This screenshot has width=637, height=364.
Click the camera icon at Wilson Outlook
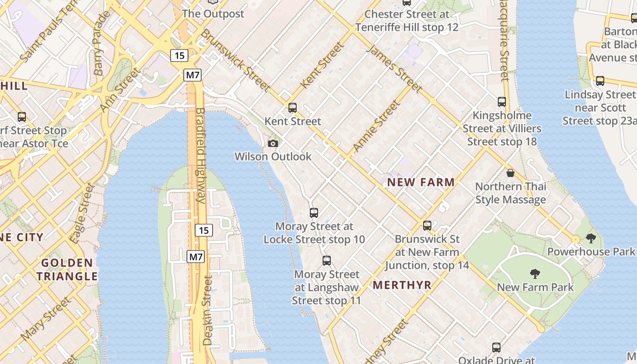point(273,144)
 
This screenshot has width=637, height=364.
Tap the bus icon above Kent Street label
point(293,108)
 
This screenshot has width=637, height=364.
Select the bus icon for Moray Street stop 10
point(313,212)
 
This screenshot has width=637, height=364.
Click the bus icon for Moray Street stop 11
point(326,261)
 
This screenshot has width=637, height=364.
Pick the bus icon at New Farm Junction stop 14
point(427,225)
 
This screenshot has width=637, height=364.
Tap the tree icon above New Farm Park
point(535,273)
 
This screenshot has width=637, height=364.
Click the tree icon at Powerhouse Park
point(591,238)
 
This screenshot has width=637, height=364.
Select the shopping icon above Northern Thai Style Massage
point(511,173)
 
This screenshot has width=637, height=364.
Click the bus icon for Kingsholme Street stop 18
point(501,102)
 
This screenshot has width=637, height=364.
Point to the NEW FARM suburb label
point(420,182)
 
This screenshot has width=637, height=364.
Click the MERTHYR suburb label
point(402,285)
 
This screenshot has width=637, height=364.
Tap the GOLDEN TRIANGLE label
point(67,269)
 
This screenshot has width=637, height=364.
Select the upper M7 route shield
point(192,75)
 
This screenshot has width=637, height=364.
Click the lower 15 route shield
point(204,230)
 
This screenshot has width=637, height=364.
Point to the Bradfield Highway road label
point(201,155)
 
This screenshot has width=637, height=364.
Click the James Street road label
point(394,69)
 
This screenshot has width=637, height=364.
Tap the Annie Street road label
point(377,126)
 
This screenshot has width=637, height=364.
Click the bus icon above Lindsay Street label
point(600,81)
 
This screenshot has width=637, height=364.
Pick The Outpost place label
point(213,14)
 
